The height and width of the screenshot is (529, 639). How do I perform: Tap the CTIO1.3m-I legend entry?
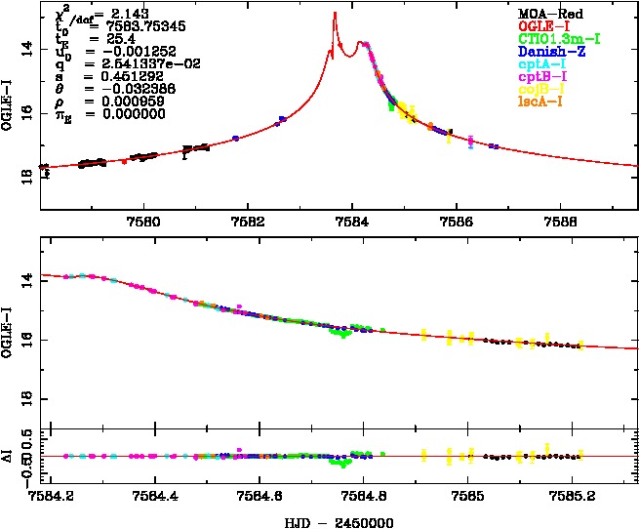point(558,38)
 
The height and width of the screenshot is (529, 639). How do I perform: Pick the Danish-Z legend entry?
point(551,51)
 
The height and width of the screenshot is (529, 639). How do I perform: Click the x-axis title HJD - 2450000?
point(338,521)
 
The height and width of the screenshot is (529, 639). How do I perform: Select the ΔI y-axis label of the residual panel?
point(13,455)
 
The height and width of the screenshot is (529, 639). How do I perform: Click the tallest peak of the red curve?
point(335,14)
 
